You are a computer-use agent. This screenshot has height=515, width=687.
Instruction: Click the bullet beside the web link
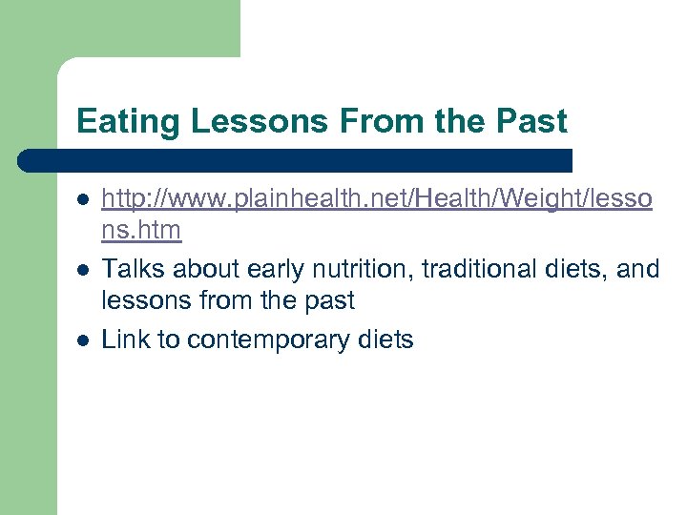click(84, 199)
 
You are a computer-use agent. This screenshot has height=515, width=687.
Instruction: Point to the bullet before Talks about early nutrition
click(84, 270)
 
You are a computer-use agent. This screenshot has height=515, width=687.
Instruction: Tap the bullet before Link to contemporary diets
click(84, 340)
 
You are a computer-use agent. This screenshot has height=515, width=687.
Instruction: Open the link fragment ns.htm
click(141, 231)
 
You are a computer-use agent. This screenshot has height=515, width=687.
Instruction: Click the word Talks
click(131, 270)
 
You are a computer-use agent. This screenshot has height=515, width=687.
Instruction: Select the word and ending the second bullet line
click(638, 270)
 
